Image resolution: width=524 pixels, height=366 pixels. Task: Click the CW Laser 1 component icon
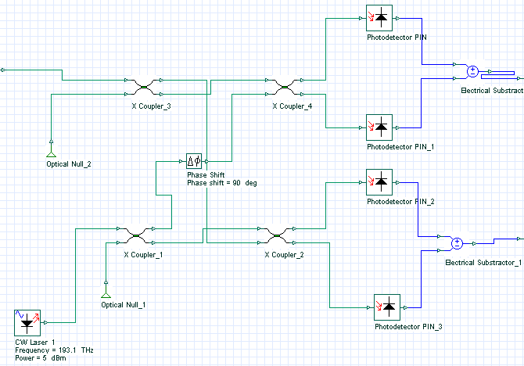(28, 323)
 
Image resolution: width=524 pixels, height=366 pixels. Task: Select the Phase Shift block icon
(194, 162)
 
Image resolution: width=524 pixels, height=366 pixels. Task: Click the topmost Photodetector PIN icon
(380, 17)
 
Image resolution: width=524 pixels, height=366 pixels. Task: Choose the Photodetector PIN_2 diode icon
(380, 181)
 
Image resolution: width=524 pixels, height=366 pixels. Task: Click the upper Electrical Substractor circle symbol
(472, 72)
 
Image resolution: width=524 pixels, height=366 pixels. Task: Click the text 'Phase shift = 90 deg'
(221, 183)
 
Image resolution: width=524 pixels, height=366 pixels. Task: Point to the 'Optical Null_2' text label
(70, 165)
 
